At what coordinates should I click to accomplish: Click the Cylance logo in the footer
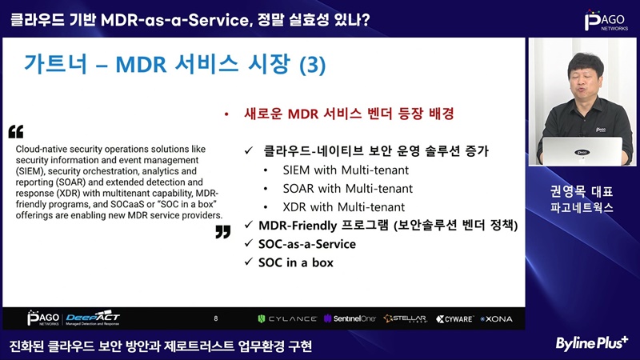tap(287, 318)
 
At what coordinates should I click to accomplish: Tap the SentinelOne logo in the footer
tap(350, 318)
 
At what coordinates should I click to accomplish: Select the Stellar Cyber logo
tap(406, 318)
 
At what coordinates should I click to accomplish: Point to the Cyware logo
tap(454, 318)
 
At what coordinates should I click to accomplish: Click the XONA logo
tap(496, 318)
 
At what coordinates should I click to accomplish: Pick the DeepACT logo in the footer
tap(93, 318)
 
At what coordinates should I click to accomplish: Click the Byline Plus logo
tap(591, 343)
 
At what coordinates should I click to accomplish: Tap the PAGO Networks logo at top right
tap(606, 21)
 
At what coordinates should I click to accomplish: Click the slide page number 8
tap(216, 318)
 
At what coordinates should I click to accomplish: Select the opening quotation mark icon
tap(16, 131)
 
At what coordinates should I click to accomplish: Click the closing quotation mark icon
tap(223, 232)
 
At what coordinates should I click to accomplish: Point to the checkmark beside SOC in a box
tap(249, 262)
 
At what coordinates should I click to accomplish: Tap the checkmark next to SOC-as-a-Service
tap(249, 243)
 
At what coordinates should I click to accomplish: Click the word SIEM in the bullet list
tap(297, 170)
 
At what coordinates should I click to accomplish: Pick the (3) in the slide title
tap(313, 65)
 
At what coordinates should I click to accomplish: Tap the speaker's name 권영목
tap(567, 191)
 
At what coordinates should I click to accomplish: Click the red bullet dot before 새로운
tap(226, 114)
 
